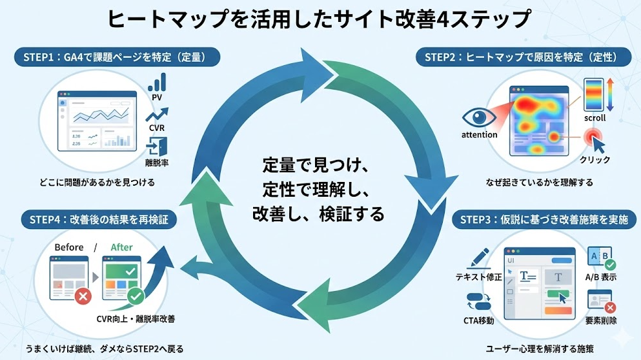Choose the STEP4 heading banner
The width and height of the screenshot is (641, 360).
pos(99,219)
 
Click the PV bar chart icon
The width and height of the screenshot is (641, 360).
pos(157,82)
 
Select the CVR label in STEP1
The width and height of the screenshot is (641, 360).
pos(157,127)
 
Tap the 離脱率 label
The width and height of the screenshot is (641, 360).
pos(157,162)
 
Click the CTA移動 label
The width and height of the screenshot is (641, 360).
pos(479,321)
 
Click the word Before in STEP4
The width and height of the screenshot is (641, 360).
pos(69,247)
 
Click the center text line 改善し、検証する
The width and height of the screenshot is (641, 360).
pos(318,214)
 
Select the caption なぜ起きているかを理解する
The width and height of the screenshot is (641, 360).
pos(539,183)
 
